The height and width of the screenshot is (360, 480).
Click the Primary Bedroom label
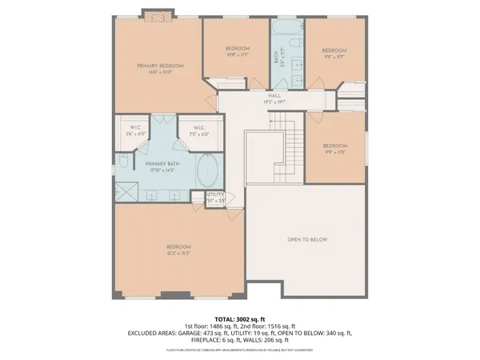point(160,66)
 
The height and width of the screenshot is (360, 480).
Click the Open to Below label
point(307,240)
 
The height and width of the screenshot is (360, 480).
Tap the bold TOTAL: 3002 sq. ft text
point(240,319)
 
